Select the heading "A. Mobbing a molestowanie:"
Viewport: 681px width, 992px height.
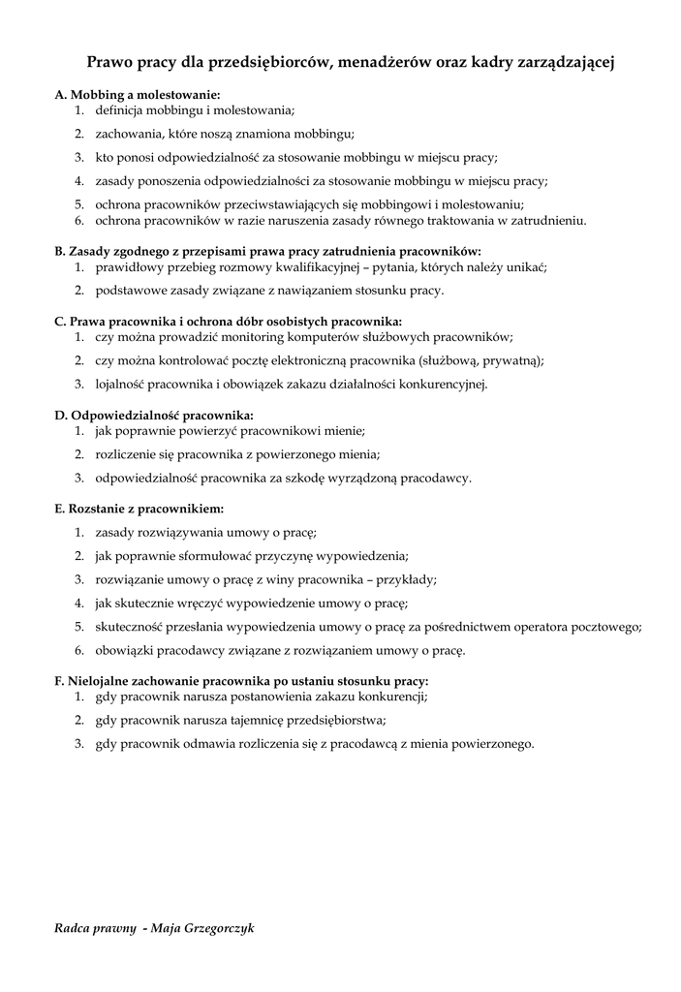138,95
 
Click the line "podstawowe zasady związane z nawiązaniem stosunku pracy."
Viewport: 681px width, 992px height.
269,290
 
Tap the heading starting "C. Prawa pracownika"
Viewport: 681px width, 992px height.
228,321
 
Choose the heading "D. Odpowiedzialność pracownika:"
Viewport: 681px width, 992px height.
154,415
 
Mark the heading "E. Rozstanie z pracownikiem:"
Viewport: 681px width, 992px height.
139,508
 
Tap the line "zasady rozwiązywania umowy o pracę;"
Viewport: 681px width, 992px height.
206,532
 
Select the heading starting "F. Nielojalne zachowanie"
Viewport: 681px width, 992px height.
241,681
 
